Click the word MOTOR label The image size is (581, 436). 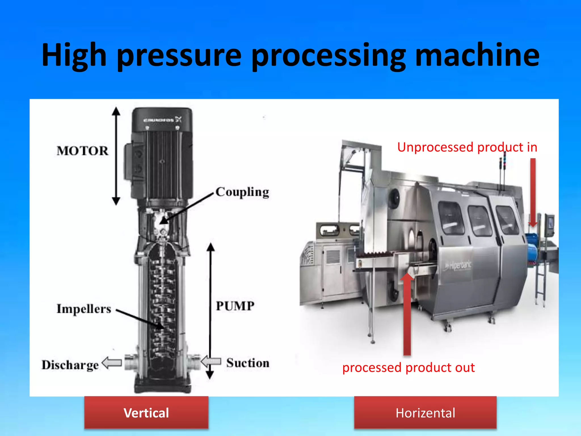pyautogui.click(x=82, y=151)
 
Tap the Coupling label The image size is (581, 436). pyautogui.click(x=242, y=192)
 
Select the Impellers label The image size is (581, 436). pyautogui.click(x=84, y=309)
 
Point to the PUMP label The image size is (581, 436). pyautogui.click(x=235, y=306)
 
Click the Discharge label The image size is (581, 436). pyautogui.click(x=70, y=365)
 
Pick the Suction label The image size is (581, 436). pyautogui.click(x=248, y=363)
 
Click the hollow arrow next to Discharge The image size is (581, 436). pyautogui.click(x=112, y=363)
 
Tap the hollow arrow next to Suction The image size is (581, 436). pyautogui.click(x=211, y=361)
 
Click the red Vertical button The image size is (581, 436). pyautogui.click(x=146, y=412)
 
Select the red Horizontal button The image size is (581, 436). pyautogui.click(x=425, y=412)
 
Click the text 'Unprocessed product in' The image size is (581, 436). pyautogui.click(x=467, y=147)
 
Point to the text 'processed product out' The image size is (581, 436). pyautogui.click(x=409, y=368)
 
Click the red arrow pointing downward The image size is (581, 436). pyautogui.click(x=533, y=193)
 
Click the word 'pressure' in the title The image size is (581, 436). pyautogui.click(x=179, y=55)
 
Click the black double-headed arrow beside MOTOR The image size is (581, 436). pyautogui.click(x=116, y=156)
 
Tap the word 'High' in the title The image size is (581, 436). pyautogui.click(x=74, y=55)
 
